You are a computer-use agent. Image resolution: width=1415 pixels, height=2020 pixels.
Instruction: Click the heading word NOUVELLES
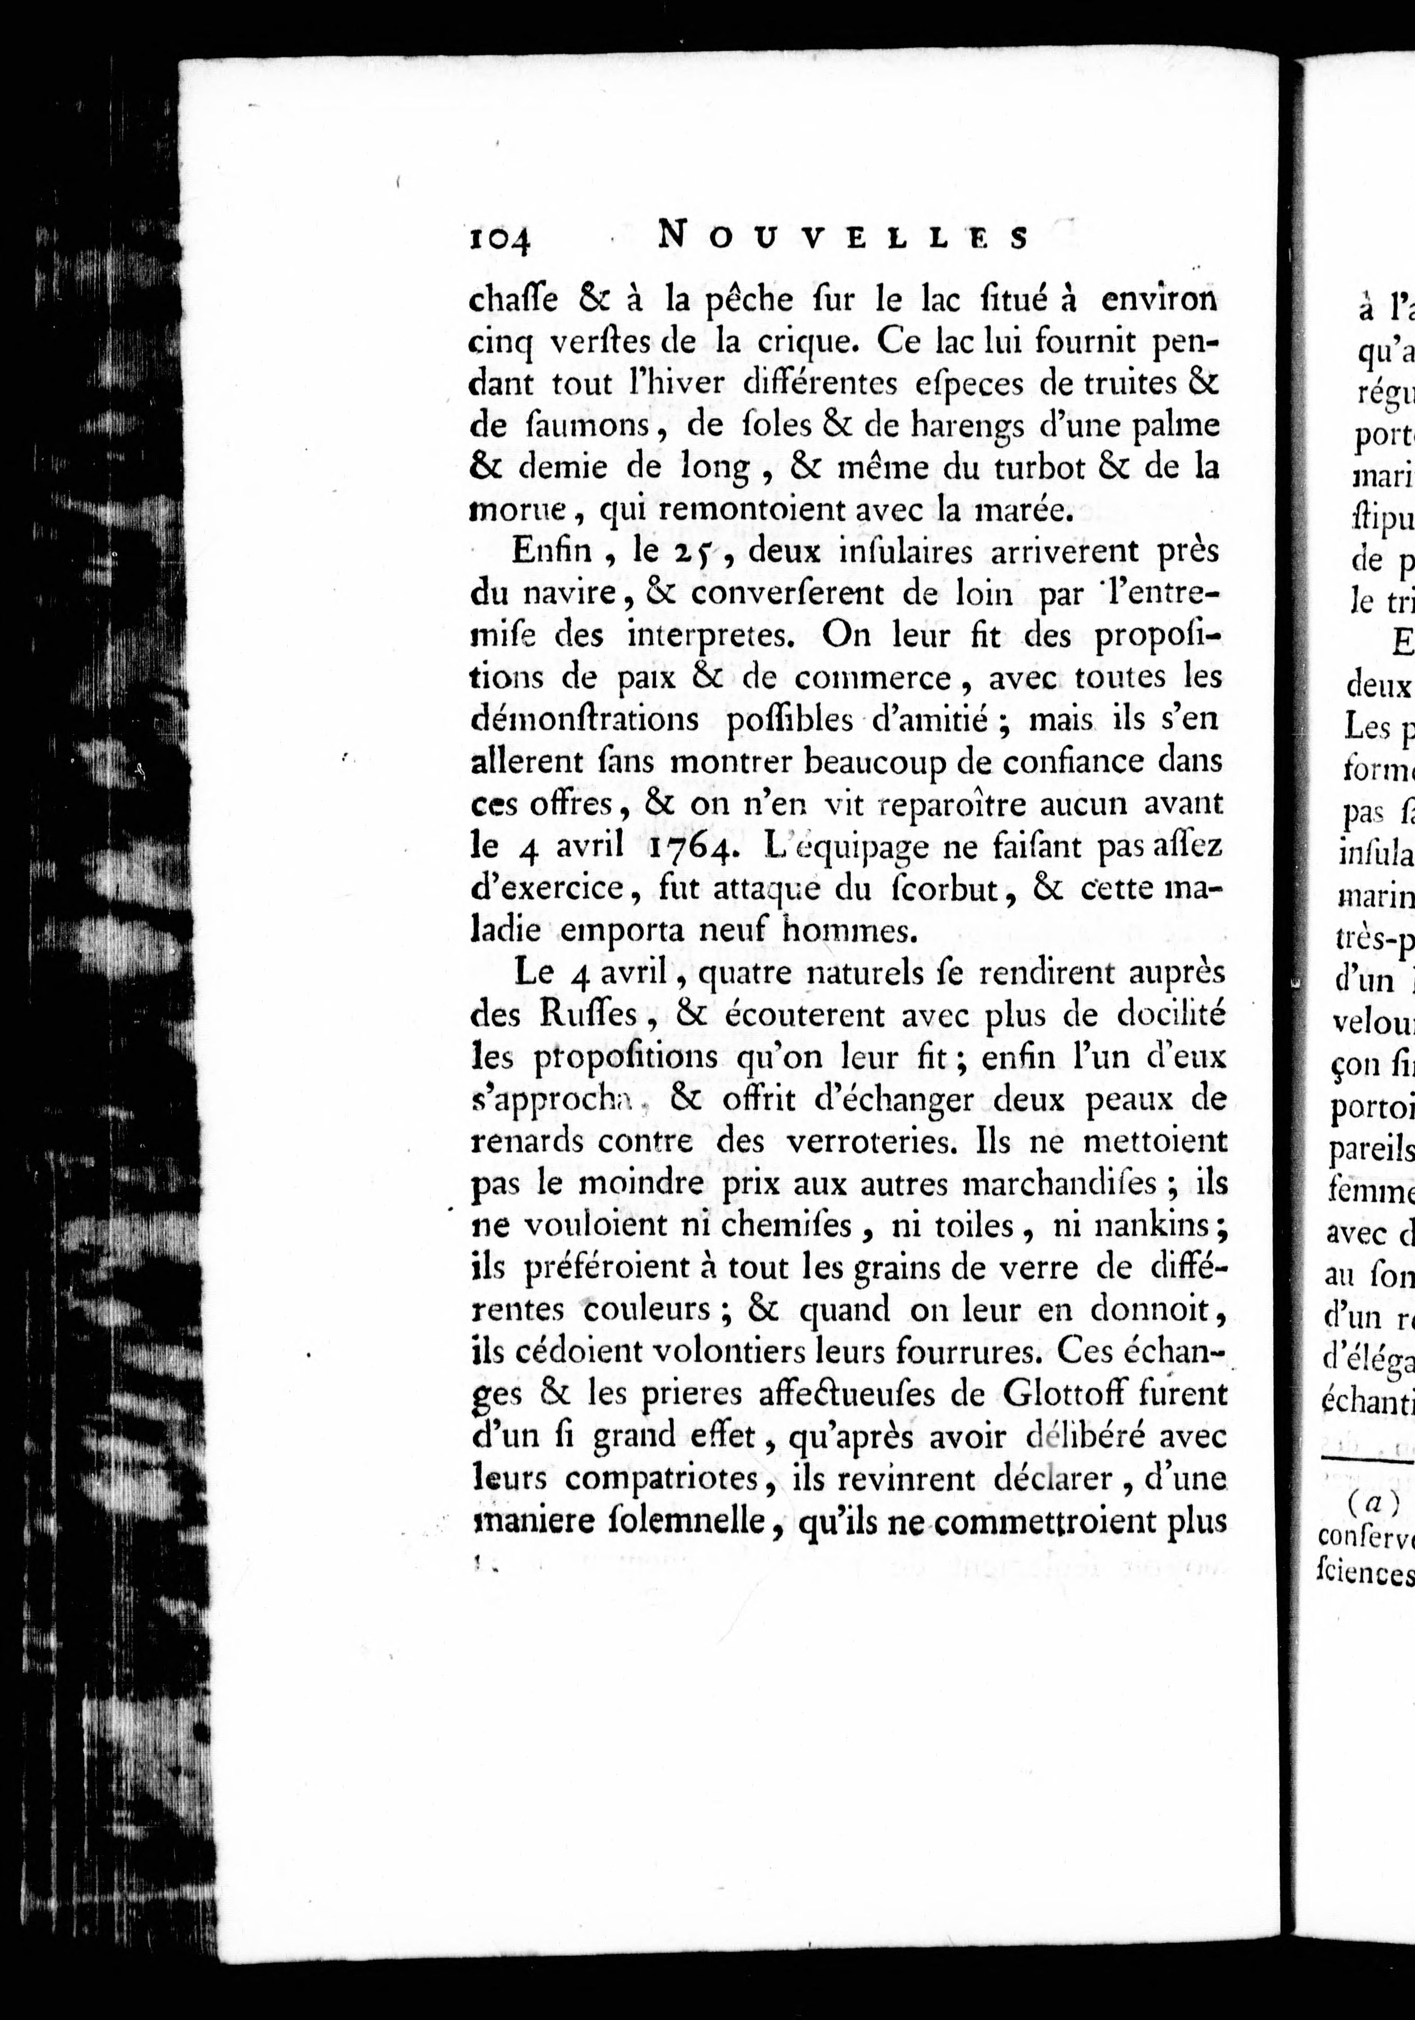point(843,237)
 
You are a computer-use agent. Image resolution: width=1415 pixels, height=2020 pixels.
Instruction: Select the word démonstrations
point(585,719)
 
